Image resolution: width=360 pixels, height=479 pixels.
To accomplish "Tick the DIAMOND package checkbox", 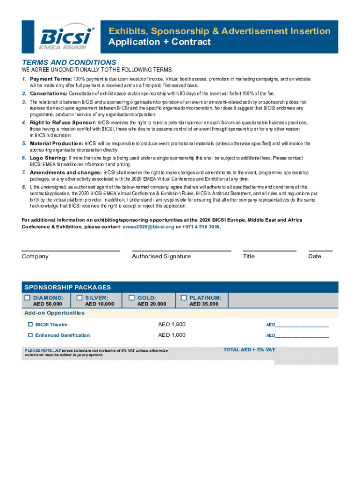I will (28, 298).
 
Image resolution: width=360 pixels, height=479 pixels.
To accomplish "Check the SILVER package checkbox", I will (79, 298).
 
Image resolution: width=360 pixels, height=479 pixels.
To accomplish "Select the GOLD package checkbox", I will (132, 298).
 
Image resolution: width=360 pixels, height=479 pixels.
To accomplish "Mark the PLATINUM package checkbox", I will (184, 298).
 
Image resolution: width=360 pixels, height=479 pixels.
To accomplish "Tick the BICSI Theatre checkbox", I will (30, 324).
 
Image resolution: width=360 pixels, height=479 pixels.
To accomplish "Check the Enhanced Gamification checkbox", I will (30, 335).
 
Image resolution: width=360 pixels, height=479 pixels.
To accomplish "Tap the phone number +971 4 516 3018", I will (201, 227).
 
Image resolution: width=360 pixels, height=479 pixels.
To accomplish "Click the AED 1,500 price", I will (172, 324).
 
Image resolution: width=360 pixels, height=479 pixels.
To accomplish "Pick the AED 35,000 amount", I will (203, 304).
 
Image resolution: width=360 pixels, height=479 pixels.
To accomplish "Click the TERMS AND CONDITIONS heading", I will (69, 62).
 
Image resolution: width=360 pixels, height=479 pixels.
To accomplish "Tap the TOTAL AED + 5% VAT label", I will (250, 349).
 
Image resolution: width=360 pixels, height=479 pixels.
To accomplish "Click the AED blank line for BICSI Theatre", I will (302, 326).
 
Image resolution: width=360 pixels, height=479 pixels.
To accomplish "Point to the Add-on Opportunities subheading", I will (54, 312).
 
